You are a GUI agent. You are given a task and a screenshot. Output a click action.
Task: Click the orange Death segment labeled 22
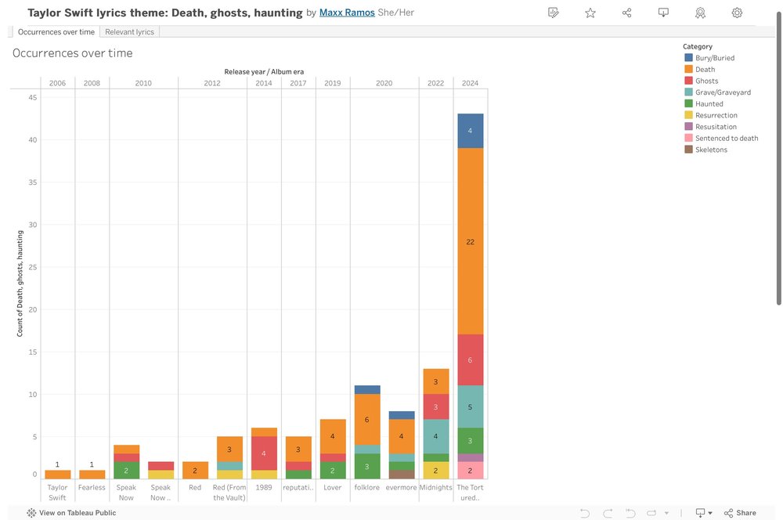(x=470, y=241)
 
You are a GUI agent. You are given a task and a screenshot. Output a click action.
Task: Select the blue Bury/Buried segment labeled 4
(x=470, y=131)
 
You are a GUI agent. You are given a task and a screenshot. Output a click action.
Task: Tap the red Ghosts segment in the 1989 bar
(x=264, y=453)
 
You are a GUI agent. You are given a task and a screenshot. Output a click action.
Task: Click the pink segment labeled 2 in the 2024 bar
(x=470, y=470)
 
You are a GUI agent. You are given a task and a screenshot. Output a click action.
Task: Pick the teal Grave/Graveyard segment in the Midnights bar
(x=435, y=436)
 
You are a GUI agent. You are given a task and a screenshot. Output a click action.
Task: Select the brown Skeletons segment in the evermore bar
(x=402, y=475)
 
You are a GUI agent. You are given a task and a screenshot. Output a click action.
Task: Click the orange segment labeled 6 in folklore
(x=367, y=419)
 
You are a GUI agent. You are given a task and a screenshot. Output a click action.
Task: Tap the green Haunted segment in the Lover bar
(x=333, y=470)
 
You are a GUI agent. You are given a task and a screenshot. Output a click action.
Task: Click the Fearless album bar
(x=92, y=475)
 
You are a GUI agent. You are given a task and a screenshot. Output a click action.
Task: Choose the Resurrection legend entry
(x=716, y=115)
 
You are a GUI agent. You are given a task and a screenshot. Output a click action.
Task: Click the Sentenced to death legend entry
(x=726, y=138)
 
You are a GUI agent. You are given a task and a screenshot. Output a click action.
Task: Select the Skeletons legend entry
(x=711, y=150)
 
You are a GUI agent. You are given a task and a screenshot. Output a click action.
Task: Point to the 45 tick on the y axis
(x=32, y=97)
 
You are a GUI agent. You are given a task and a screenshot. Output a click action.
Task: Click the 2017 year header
(x=298, y=83)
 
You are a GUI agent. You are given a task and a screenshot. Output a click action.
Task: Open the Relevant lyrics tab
(x=129, y=32)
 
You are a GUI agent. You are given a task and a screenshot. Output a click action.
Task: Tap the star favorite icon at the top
(x=590, y=13)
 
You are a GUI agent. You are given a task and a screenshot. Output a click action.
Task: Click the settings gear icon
(x=737, y=13)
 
